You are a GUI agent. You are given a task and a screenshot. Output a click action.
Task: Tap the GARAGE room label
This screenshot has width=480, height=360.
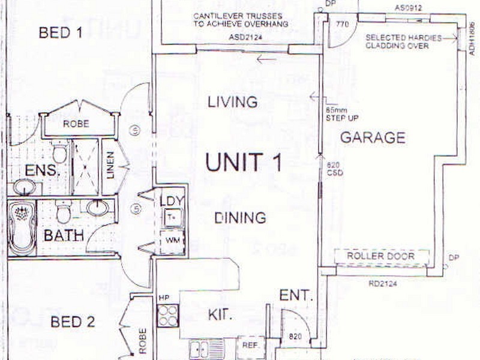click(x=373, y=137)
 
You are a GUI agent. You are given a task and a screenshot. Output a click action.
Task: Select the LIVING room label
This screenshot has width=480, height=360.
click(x=232, y=102)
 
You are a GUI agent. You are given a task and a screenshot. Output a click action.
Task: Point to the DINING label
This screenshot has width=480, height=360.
click(x=240, y=217)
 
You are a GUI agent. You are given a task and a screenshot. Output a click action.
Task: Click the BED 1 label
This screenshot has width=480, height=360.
click(x=60, y=32)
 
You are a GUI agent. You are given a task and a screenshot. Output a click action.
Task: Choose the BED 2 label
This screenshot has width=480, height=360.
click(x=73, y=322)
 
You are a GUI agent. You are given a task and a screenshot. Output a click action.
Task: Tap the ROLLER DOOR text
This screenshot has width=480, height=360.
click(x=381, y=257)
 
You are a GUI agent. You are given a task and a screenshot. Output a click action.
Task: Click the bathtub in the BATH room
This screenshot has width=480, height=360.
click(x=22, y=227)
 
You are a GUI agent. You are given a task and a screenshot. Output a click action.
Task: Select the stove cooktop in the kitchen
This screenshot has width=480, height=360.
click(x=168, y=316)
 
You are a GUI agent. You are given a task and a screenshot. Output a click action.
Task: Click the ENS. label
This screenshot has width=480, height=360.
click(x=42, y=170)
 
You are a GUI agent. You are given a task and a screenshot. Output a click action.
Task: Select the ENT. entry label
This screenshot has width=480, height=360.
click(x=296, y=295)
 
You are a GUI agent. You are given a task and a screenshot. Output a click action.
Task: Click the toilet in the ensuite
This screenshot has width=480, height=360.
click(x=59, y=152)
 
